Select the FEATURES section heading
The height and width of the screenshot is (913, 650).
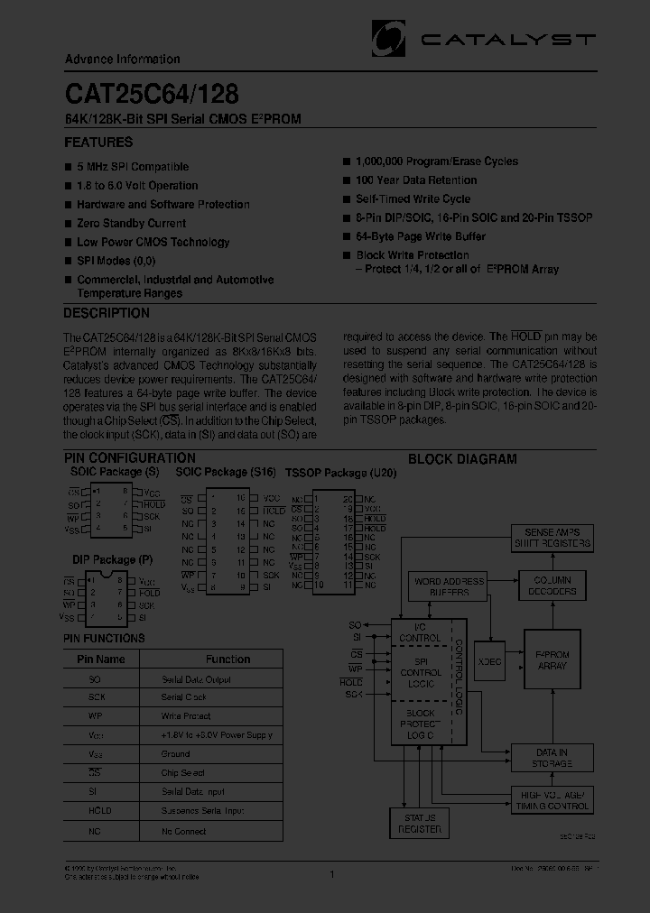(98, 143)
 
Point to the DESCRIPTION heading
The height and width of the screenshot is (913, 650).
(107, 314)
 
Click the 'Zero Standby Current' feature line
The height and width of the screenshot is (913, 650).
(132, 223)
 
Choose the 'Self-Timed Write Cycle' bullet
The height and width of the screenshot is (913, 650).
(413, 199)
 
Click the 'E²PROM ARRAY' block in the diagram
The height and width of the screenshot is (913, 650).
(552, 659)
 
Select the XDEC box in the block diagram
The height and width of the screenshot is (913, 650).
(489, 661)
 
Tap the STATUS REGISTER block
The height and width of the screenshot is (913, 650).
(420, 823)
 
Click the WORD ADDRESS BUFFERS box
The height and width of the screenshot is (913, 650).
(450, 586)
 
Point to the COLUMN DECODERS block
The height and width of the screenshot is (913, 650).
(553, 586)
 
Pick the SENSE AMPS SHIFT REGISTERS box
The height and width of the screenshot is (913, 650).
(552, 538)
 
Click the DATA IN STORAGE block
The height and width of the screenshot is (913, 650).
(552, 758)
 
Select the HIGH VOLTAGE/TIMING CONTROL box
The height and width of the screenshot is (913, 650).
(555, 800)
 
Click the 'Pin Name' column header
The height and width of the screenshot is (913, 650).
(101, 659)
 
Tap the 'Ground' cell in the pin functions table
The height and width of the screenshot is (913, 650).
(175, 754)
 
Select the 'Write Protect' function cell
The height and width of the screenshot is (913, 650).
(185, 716)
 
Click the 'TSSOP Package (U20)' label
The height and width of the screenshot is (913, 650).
(326, 473)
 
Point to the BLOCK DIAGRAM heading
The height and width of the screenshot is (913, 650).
(462, 459)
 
